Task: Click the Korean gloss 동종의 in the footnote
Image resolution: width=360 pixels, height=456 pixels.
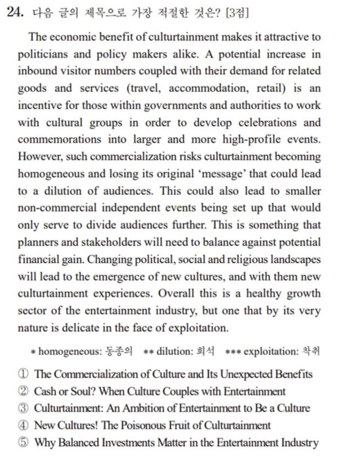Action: click(x=119, y=351)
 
